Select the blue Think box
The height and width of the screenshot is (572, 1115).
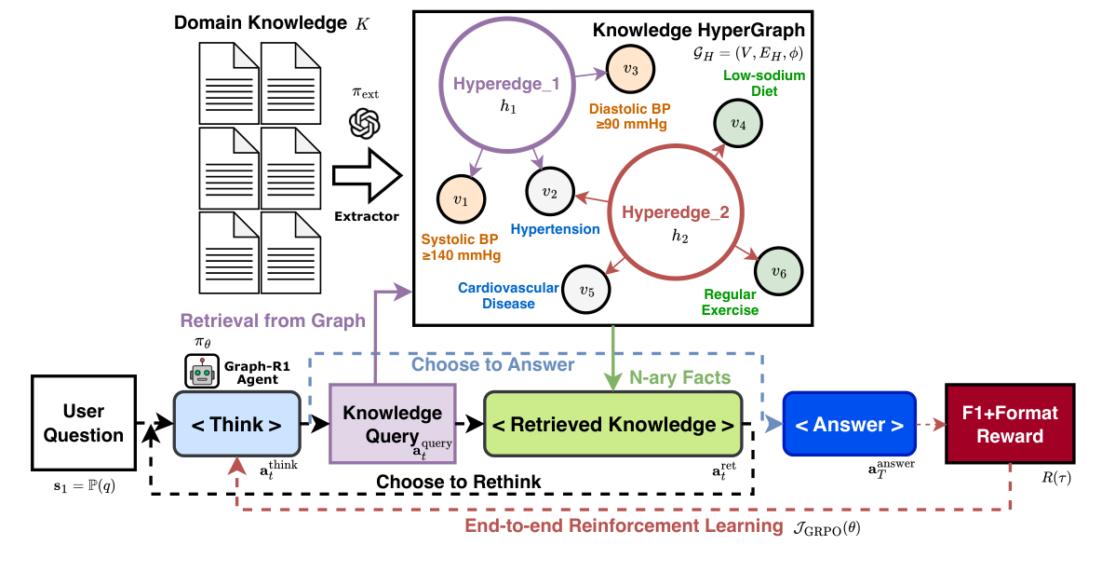pos(235,424)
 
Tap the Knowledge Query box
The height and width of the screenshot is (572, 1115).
pos(392,424)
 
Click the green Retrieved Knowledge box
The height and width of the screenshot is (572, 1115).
pos(612,424)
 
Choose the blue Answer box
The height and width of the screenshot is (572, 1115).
pos(849,425)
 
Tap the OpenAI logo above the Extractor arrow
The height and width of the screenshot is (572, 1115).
pos(366,125)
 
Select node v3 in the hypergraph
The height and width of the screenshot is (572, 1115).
pos(630,70)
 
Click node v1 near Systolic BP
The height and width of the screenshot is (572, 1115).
pos(461,199)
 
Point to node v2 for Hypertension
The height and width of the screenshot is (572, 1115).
pos(549,192)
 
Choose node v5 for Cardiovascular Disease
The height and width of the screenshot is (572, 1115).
pos(586,290)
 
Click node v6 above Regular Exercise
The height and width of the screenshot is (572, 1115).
pos(778,272)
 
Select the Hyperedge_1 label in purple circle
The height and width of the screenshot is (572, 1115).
pos(506,85)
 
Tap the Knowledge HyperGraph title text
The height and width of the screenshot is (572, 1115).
pos(698,30)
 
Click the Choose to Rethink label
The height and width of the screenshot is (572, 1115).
pos(458,482)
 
